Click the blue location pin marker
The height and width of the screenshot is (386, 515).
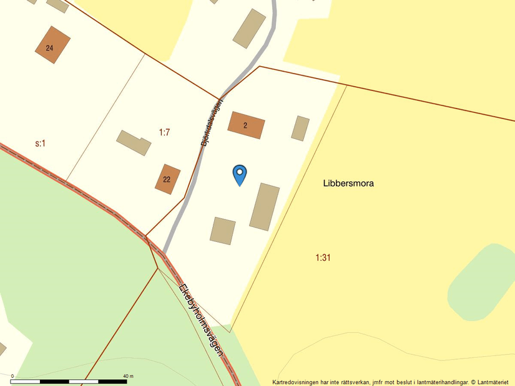click(240, 173)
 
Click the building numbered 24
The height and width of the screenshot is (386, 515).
click(52, 45)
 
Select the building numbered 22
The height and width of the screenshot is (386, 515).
click(167, 179)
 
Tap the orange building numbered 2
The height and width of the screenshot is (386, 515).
click(246, 125)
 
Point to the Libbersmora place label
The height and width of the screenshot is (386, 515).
click(348, 183)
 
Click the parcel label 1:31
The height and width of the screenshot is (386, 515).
click(323, 257)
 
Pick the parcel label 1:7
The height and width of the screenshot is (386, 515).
click(164, 132)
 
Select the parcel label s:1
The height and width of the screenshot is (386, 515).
click(41, 143)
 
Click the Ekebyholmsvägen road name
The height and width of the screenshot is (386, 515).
click(201, 319)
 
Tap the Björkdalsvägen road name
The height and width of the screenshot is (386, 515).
click(212, 123)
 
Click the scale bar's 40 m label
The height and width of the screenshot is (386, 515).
click(128, 376)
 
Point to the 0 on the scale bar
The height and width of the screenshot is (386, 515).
click(12, 376)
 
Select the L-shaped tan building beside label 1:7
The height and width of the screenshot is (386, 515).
click(134, 143)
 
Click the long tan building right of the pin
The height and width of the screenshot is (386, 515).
click(265, 206)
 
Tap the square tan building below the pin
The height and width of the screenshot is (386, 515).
click(223, 231)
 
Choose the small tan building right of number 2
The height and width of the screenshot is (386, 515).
click(300, 128)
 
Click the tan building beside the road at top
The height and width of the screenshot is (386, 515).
click(249, 28)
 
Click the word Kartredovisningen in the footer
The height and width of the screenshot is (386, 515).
click(297, 382)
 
